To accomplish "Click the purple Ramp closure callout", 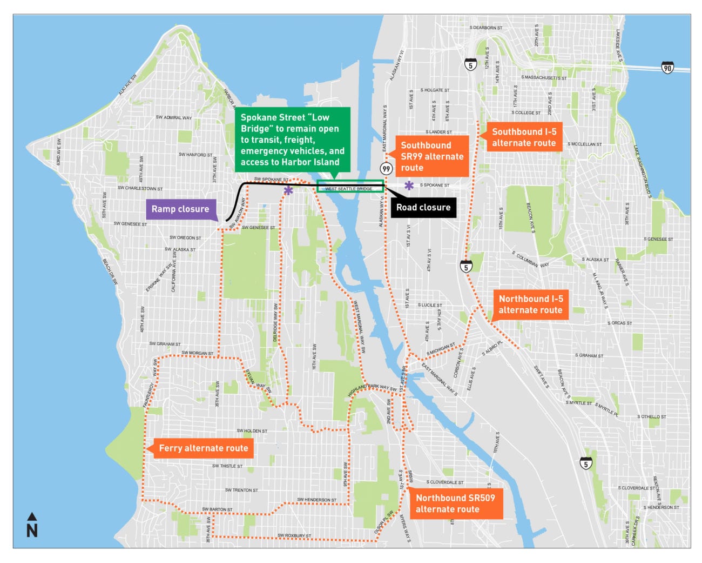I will tap(180, 209).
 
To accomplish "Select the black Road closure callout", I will tap(423, 207).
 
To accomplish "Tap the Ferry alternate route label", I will tap(203, 448).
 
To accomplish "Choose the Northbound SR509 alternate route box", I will tap(455, 504).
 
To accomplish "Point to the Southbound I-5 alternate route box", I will tap(523, 137).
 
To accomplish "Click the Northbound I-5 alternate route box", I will tap(530, 304).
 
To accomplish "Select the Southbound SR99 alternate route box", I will tap(432, 156).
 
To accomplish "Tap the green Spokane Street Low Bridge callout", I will tap(292, 140).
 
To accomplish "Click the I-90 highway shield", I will tap(667, 68).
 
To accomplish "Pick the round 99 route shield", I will tap(386, 169).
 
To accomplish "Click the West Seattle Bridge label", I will tap(349, 189).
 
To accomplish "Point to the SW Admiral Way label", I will tap(173, 117).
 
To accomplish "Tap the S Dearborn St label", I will tap(485, 28).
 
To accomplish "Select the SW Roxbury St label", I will tap(294, 535).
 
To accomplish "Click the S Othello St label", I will tap(651, 417).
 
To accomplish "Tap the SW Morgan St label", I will tap(197, 353).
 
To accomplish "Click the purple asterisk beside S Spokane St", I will tap(409, 186).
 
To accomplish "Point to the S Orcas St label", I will tap(619, 323).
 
